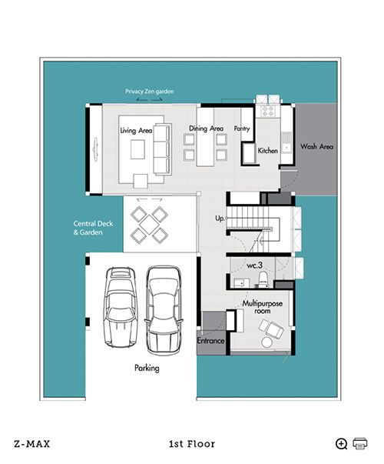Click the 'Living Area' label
(x=136, y=131)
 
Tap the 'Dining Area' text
(x=206, y=129)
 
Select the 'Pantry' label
(x=242, y=129)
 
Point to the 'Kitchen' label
(x=267, y=151)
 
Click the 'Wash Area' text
(x=316, y=146)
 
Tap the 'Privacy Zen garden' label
(x=150, y=92)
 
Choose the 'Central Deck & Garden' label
(x=93, y=228)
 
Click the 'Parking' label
(x=147, y=368)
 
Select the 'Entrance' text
(x=210, y=341)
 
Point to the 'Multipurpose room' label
(x=263, y=307)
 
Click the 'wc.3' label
(x=255, y=265)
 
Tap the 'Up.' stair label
(x=220, y=219)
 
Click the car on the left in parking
(x=121, y=307)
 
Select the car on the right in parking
(x=164, y=310)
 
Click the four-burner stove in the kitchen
(x=268, y=112)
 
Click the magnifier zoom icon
(x=342, y=444)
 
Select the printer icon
(x=360, y=443)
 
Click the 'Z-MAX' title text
(x=32, y=444)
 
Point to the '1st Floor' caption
(x=192, y=444)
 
